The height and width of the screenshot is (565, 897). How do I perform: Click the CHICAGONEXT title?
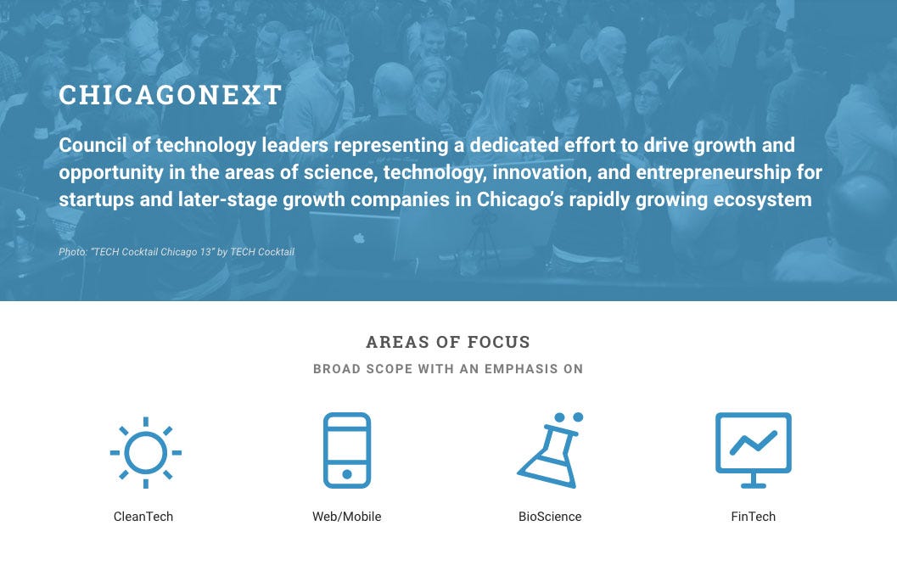click(170, 95)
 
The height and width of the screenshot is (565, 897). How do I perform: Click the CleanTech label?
click(143, 517)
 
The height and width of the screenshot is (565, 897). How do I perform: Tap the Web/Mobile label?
click(347, 517)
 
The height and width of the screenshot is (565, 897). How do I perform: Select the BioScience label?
click(550, 517)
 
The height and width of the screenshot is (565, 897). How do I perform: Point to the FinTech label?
click(753, 517)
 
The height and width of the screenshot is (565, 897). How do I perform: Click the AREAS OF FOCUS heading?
click(448, 342)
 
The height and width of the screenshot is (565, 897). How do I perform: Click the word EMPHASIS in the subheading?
click(521, 369)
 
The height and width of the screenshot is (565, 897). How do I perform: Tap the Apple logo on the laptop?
click(359, 238)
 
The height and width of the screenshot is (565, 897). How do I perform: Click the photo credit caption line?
click(177, 252)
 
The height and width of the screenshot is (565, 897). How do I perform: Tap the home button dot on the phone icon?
click(347, 474)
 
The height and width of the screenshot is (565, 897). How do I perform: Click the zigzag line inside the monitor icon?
click(754, 442)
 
